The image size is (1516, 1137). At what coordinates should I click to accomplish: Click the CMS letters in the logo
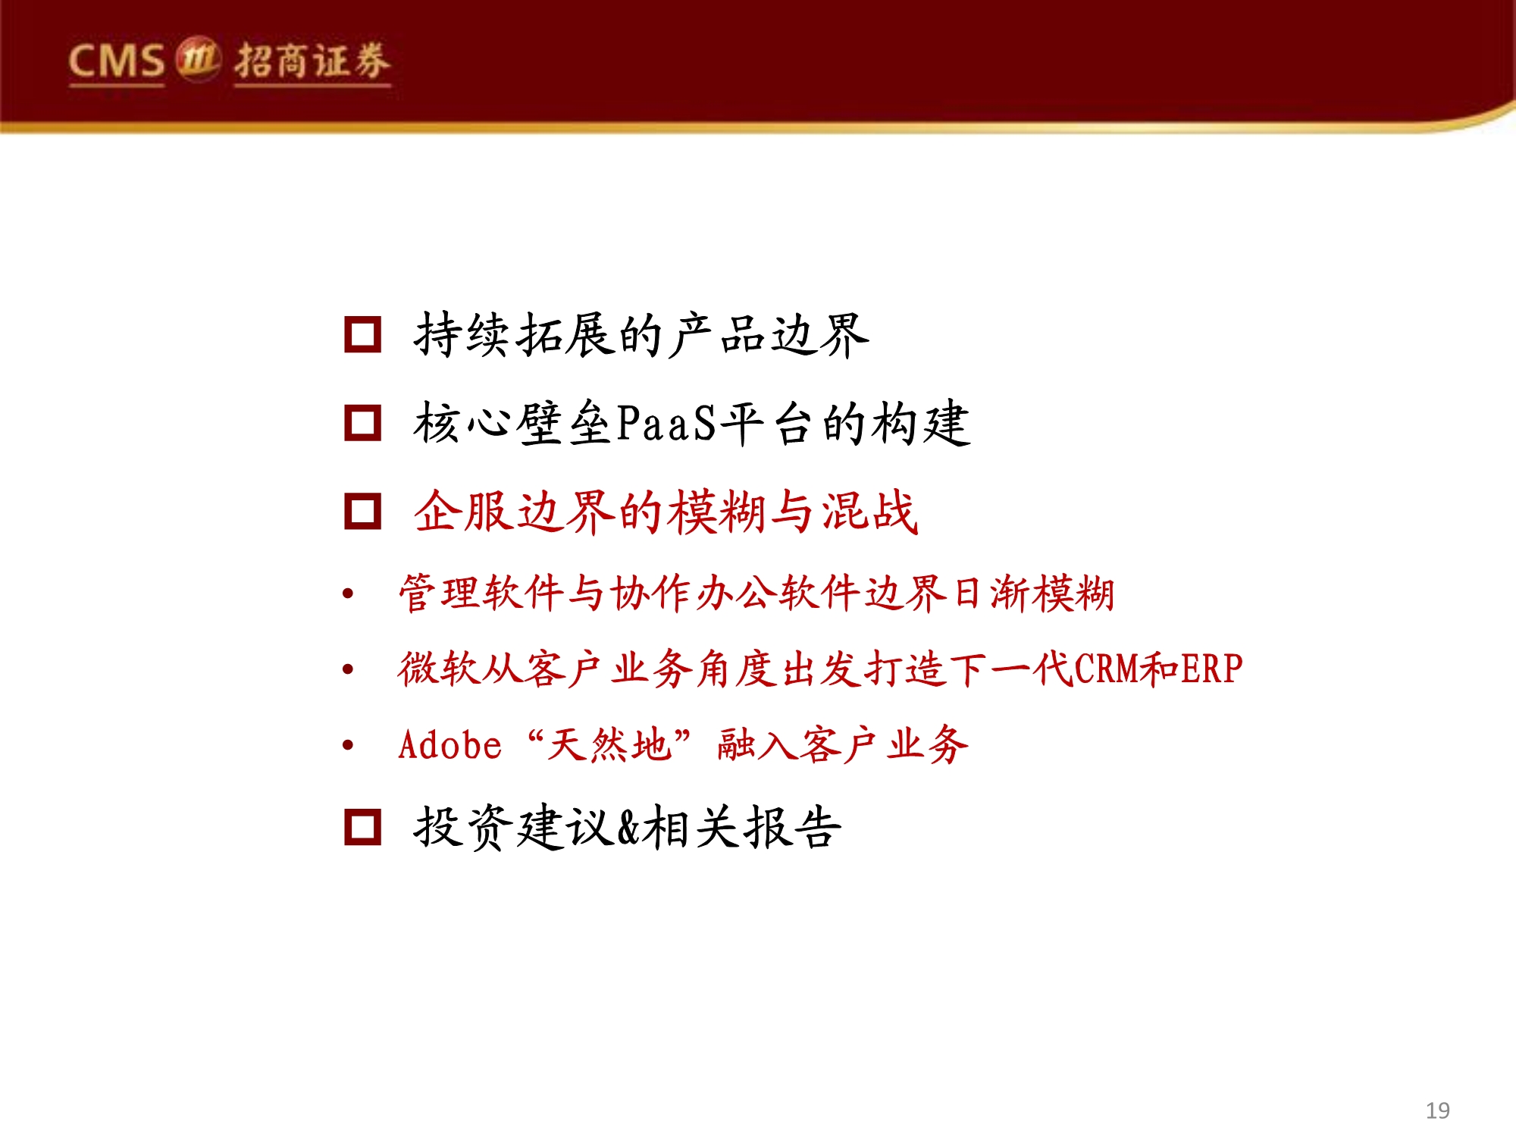[x=116, y=61]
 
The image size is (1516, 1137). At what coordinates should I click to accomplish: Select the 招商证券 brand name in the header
[x=312, y=61]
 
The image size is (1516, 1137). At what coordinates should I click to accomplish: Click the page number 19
[x=1437, y=1110]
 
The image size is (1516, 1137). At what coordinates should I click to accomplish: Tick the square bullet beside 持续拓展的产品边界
[x=362, y=334]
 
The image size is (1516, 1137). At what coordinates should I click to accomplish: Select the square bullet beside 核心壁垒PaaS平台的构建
[x=362, y=422]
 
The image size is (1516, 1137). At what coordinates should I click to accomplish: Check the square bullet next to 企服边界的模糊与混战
[x=362, y=511]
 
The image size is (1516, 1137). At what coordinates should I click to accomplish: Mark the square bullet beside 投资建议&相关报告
[x=362, y=826]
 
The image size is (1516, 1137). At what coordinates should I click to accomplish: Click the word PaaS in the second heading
[x=666, y=423]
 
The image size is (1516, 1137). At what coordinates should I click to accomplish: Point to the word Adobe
[x=449, y=745]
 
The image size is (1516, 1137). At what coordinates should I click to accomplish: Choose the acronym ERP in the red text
[x=1211, y=669]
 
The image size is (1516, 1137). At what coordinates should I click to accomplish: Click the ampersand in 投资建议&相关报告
[x=629, y=827]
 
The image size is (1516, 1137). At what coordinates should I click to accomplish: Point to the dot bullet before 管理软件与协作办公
[x=348, y=594]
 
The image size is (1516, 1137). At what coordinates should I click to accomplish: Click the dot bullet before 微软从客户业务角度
[x=348, y=669]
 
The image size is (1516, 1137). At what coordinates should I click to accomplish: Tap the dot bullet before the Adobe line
[x=348, y=745]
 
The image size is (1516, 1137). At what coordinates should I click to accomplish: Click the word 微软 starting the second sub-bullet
[x=440, y=669]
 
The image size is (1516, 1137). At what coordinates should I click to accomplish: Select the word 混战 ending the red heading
[x=870, y=512]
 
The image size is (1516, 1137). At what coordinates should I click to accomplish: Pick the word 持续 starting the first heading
[x=462, y=335]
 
